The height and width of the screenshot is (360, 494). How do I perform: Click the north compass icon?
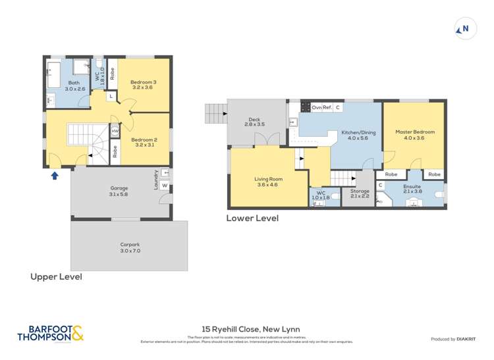point(465,29)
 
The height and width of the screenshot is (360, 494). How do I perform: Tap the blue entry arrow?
point(55,175)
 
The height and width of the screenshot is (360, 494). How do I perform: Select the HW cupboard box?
point(115,131)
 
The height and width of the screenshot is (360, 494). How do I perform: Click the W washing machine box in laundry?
point(164,186)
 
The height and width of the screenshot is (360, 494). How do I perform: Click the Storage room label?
point(360,193)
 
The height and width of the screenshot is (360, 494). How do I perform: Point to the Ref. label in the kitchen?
point(327,107)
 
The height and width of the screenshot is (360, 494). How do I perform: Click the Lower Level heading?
point(252,219)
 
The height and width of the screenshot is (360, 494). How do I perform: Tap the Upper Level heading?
point(57,277)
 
